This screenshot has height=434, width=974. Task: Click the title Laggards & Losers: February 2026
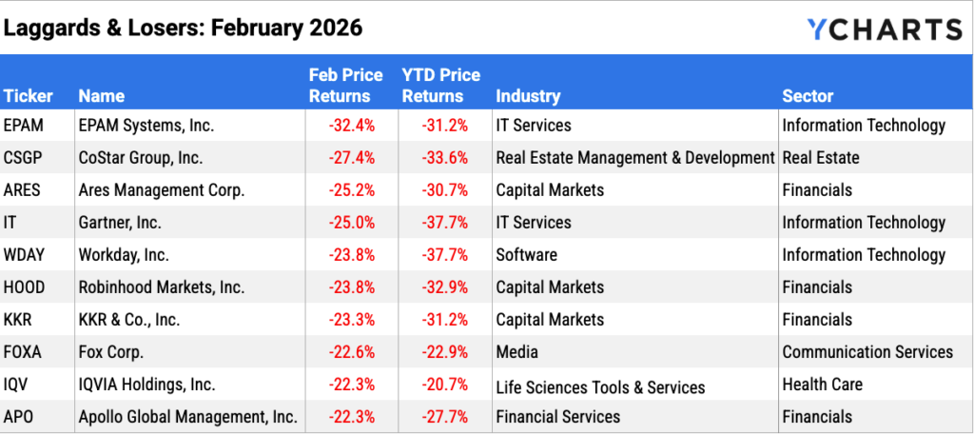(x=183, y=28)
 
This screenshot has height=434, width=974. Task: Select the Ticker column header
(x=29, y=96)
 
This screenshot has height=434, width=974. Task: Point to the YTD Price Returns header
(x=440, y=85)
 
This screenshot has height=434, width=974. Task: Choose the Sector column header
(x=808, y=96)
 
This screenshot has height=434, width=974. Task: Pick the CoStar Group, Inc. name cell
(x=141, y=158)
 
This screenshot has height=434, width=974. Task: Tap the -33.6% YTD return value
(x=443, y=158)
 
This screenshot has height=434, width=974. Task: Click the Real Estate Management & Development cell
(x=635, y=158)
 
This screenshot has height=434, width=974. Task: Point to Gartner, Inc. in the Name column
(x=120, y=223)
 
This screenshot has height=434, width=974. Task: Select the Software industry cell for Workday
(x=527, y=255)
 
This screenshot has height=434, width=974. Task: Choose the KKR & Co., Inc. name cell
(x=129, y=320)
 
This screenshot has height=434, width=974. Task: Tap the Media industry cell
(x=517, y=352)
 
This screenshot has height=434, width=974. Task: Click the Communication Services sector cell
(x=867, y=352)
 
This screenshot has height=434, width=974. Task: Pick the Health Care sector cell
(x=823, y=385)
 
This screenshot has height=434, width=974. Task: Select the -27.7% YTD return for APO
(x=443, y=417)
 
